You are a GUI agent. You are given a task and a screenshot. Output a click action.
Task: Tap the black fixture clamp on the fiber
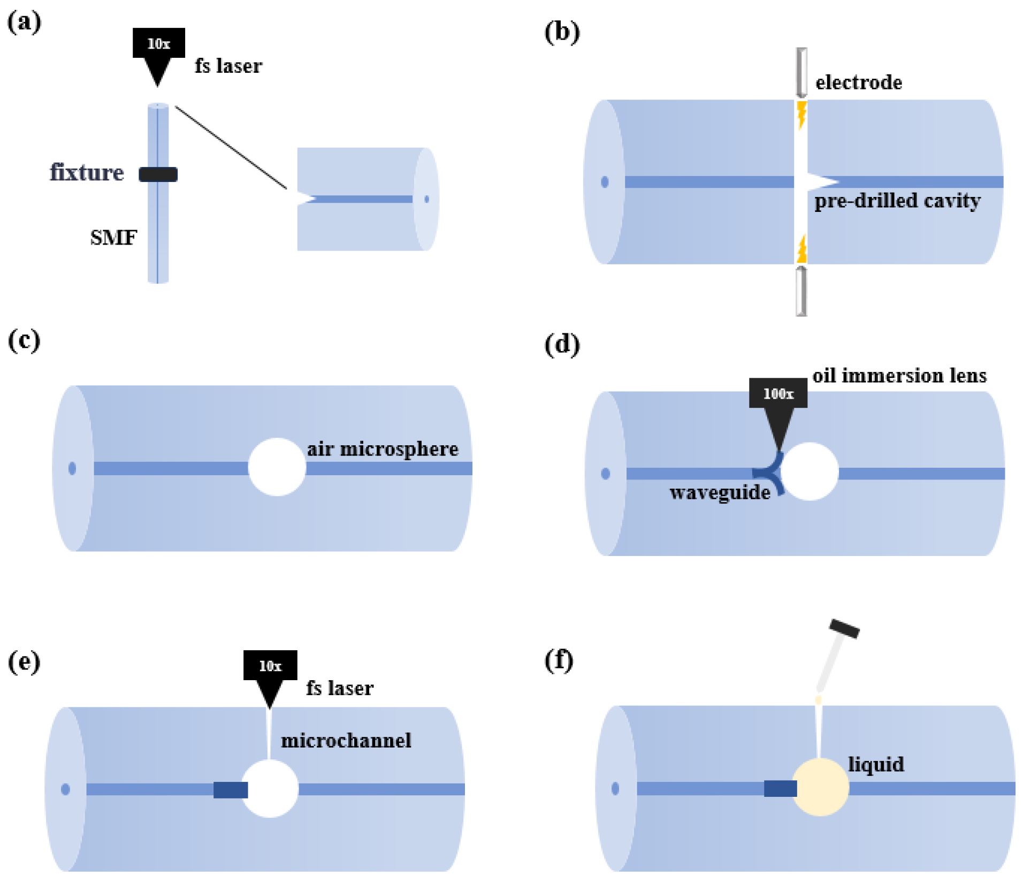[158, 174]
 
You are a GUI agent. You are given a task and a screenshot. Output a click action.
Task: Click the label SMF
[113, 237]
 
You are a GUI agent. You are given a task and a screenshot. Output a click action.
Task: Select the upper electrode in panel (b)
[801, 72]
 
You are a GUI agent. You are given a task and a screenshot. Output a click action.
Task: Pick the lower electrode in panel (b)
[801, 291]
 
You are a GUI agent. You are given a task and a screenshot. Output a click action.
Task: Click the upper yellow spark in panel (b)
[801, 115]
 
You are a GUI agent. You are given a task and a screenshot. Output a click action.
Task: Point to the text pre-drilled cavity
[897, 201]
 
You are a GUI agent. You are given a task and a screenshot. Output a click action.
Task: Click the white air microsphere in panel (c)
[277, 467]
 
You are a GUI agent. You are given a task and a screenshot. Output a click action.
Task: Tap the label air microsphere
[383, 449]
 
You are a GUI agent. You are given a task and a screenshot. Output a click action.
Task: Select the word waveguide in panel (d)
[720, 492]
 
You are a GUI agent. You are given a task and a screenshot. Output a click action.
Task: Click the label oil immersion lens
[899, 375]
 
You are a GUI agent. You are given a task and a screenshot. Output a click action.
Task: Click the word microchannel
[346, 741]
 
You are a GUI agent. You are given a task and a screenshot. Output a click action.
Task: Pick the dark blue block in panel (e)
[231, 789]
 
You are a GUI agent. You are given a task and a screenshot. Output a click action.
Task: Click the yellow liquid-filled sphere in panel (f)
[820, 787]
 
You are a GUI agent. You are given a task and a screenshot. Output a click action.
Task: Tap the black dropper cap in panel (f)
[844, 629]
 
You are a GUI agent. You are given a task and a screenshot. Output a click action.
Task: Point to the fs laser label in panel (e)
[340, 688]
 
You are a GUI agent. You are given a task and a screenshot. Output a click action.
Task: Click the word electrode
[858, 82]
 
